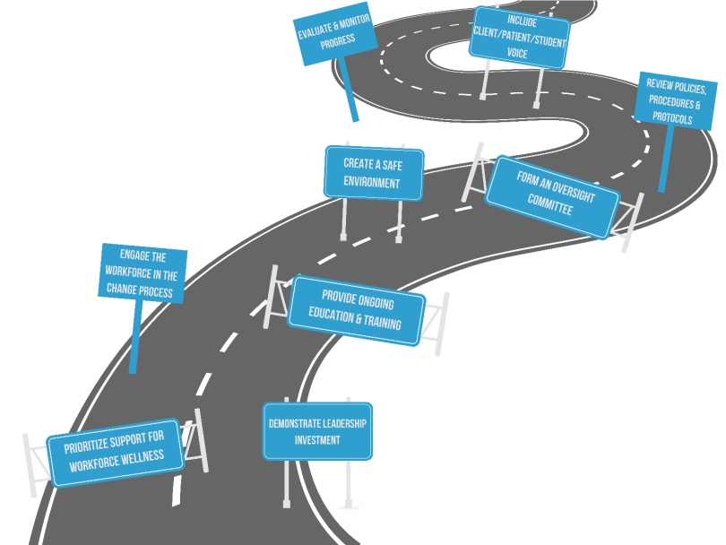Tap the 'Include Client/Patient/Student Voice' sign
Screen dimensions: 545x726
[517, 36]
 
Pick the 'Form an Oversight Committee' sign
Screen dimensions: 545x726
[553, 195]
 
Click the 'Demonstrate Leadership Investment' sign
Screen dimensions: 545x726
[317, 431]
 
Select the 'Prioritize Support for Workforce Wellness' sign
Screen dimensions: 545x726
[117, 453]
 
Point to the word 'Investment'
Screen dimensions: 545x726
[317, 440]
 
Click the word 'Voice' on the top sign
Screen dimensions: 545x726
[517, 54]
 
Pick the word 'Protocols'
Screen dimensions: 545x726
[672, 117]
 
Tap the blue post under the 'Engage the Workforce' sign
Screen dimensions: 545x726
[135, 337]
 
